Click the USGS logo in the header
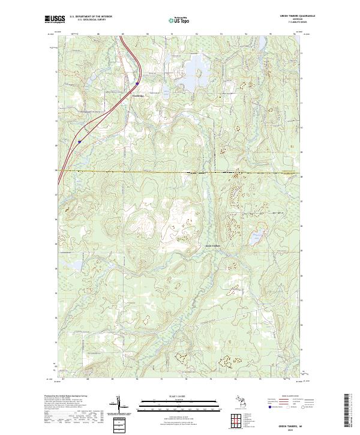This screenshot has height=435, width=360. [55, 19]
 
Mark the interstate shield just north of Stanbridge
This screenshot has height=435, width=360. [137, 83]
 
